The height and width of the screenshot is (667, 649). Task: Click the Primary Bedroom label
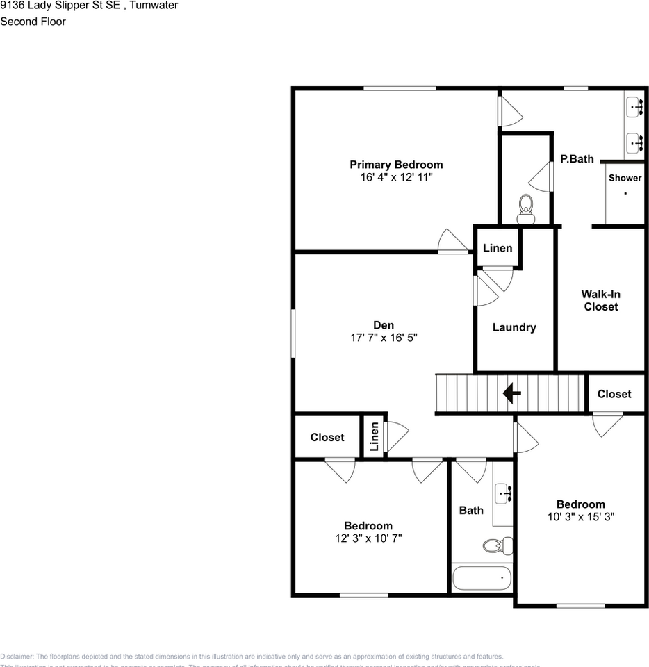click(395, 165)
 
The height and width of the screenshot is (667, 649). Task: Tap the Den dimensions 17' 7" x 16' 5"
click(384, 338)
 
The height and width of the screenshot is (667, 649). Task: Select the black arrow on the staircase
click(512, 394)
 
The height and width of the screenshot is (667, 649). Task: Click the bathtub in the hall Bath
click(482, 577)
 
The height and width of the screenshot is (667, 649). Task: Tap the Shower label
click(625, 178)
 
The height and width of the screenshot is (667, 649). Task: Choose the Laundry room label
click(514, 327)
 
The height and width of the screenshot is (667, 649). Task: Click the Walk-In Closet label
click(600, 300)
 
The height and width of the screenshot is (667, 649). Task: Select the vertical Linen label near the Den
click(374, 436)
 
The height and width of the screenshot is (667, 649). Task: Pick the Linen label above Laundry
click(497, 248)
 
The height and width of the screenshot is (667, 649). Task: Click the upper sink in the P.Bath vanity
click(634, 107)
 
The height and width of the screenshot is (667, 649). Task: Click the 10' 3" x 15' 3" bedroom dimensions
click(580, 517)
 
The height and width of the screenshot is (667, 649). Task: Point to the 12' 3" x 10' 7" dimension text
click(368, 538)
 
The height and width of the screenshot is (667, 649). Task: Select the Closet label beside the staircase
click(614, 394)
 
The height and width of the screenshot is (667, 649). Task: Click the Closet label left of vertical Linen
click(327, 437)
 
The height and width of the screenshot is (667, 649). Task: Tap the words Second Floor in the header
click(33, 22)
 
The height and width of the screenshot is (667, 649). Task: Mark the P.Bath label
click(577, 159)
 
